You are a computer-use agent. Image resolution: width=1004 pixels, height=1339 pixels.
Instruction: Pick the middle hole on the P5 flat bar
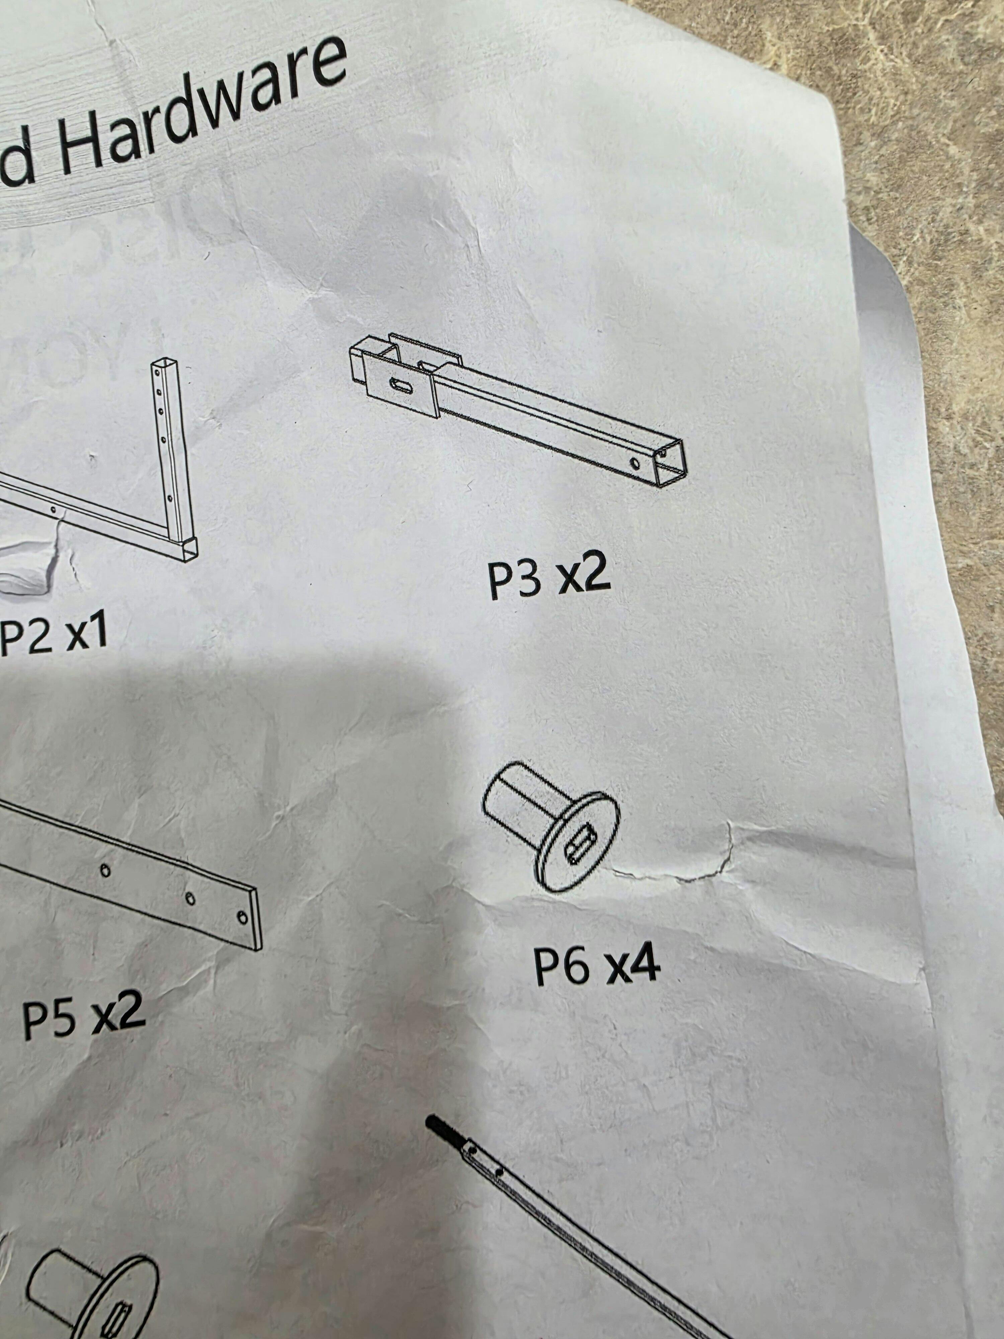coord(190,899)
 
